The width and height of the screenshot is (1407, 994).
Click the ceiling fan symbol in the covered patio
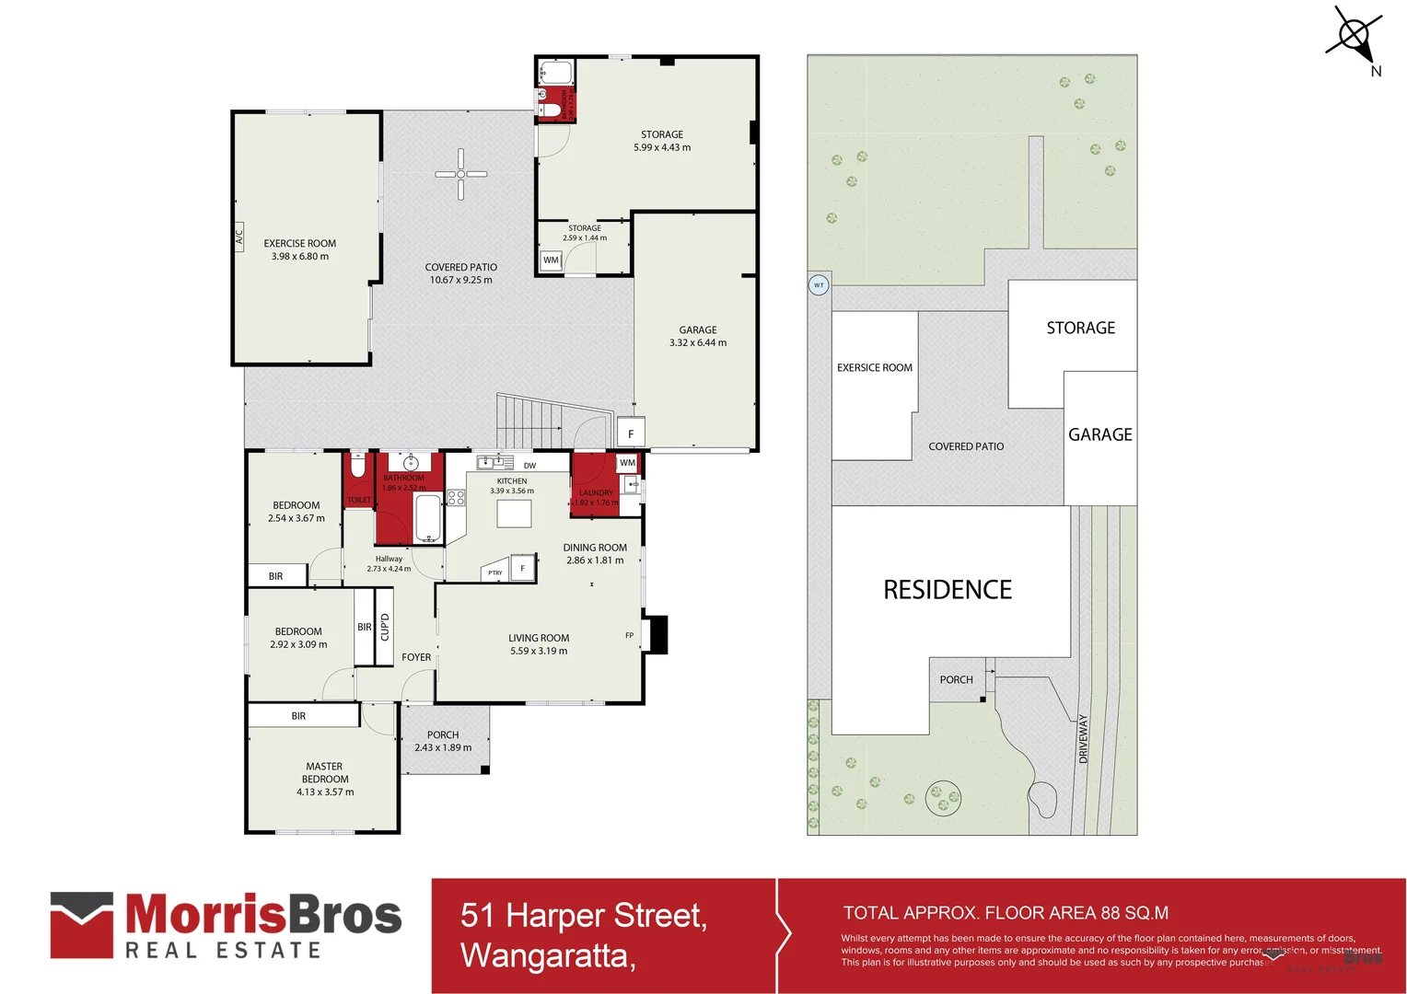coord(461,174)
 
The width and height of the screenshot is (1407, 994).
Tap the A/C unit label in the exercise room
coord(238,237)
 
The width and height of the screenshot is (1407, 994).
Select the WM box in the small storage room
coord(551,260)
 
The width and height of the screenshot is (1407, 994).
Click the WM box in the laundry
coord(627,463)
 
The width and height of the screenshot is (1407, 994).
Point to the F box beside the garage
coord(631,433)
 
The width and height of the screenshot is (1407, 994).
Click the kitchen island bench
coord(514,514)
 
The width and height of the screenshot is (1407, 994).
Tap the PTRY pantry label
coord(495,572)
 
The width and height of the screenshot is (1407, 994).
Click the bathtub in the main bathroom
coord(428,518)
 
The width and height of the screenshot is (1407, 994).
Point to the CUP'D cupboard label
coord(385,627)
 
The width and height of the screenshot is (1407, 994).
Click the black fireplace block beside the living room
coord(657,634)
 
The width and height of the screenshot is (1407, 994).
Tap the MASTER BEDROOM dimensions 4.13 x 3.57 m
coord(325,792)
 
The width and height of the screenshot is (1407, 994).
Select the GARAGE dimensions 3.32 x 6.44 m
coord(698,342)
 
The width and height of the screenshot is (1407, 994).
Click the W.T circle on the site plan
coord(819,285)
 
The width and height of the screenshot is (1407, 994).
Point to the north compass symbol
coord(1355,37)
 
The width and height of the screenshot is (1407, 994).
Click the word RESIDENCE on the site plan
coord(948,590)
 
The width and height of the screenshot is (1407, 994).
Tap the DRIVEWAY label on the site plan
coord(1083,738)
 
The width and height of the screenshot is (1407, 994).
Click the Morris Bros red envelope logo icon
coord(82,924)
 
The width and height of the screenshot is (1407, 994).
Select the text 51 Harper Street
coord(584,916)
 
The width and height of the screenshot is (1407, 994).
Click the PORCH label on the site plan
coord(956,680)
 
